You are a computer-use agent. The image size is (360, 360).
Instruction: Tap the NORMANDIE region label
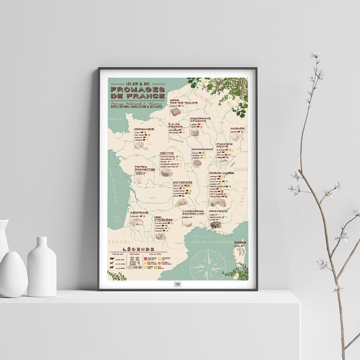pyautogui.click(x=144, y=129)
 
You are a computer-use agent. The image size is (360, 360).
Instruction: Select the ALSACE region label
pyautogui.click(x=238, y=128)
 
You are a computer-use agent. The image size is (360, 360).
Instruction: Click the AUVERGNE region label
pyautogui.click(x=183, y=182)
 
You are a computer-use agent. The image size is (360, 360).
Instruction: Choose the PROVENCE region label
pyautogui.click(x=218, y=211)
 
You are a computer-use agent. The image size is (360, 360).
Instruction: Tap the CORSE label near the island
pyautogui.click(x=240, y=243)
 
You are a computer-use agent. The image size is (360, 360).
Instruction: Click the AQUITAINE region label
pyautogui.click(x=139, y=212)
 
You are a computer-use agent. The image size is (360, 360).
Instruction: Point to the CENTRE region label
pyautogui.click(x=167, y=153)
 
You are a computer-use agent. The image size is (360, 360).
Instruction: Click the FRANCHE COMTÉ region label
pyautogui.click(x=224, y=145)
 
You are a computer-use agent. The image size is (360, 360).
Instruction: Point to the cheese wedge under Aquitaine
pyautogui.click(x=137, y=223)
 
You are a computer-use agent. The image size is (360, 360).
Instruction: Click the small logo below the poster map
pyautogui.click(x=177, y=284)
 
